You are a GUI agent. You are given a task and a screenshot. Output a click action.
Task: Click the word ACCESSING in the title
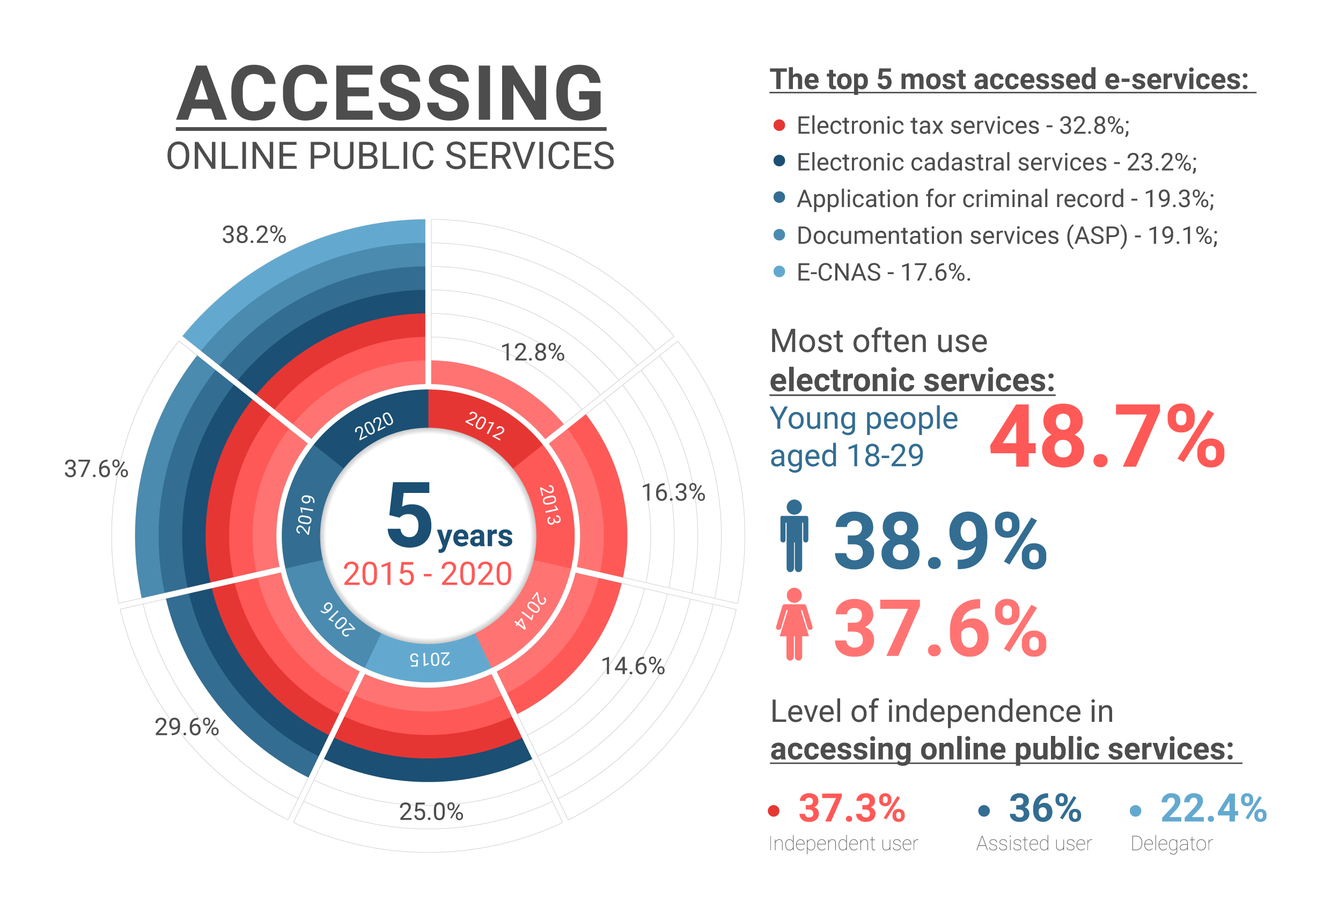[390, 93]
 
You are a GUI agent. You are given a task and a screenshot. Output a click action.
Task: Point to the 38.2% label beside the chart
[254, 235]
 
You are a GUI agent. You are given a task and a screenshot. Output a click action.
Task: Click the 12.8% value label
[532, 352]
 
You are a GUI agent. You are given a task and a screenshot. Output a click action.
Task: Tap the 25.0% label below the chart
[431, 812]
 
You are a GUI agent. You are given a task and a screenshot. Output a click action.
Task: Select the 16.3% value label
[673, 493]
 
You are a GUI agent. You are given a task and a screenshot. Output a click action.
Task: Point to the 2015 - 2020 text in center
[427, 574]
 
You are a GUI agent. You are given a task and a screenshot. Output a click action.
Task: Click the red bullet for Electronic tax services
[779, 125]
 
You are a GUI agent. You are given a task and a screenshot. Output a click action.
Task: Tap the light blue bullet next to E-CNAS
[779, 272]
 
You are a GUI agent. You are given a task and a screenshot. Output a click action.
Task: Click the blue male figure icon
[794, 535]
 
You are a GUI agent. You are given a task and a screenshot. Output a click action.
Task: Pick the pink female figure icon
[794, 624]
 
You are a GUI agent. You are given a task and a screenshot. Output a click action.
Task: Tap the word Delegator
[1171, 844]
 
